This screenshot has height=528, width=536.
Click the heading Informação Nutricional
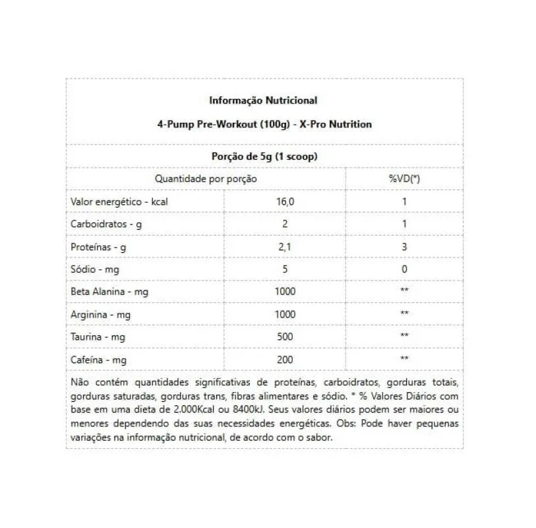[263, 100]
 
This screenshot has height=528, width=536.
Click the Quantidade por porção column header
[206, 178]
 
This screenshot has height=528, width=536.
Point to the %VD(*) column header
[404, 178]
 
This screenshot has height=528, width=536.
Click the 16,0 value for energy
[285, 202]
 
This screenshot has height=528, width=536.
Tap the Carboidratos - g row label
[105, 224]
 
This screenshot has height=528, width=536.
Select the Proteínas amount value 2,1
[285, 247]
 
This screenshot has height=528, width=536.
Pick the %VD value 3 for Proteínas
[404, 247]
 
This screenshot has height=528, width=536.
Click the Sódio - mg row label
[95, 269]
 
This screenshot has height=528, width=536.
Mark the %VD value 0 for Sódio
[404, 269]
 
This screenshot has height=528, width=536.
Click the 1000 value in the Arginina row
[285, 314]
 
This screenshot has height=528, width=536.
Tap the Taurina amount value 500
[285, 337]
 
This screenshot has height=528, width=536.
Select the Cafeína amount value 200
[285, 360]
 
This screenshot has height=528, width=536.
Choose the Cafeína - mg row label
[98, 360]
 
